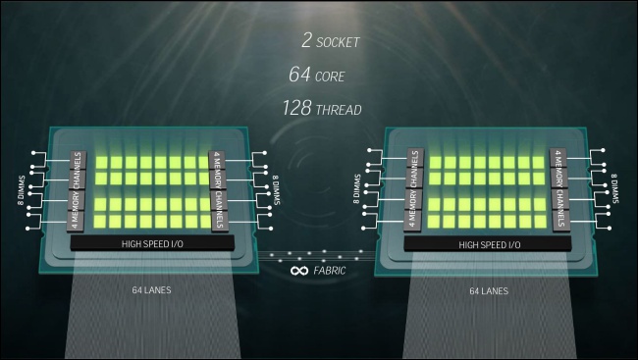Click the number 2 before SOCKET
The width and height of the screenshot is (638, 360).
click(x=307, y=40)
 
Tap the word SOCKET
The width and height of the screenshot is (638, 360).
click(x=338, y=42)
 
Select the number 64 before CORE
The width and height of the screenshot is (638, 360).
click(x=300, y=74)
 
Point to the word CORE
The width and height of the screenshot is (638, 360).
click(x=330, y=77)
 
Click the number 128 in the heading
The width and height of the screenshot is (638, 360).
click(x=297, y=108)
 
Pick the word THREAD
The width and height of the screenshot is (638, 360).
click(x=339, y=110)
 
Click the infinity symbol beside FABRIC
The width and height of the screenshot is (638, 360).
click(x=299, y=271)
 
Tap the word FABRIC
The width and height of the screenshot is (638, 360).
click(x=330, y=271)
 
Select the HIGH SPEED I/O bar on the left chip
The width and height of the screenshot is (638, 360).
click(x=152, y=243)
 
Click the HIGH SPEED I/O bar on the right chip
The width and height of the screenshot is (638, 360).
click(x=488, y=244)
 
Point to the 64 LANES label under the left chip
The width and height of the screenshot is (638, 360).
click(x=151, y=290)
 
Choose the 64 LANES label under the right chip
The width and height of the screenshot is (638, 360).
click(x=489, y=291)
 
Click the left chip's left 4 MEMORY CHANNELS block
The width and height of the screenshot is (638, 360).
click(x=77, y=191)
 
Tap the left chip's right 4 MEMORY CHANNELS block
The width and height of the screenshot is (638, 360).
click(x=218, y=190)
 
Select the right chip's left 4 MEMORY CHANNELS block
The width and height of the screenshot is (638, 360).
click(x=414, y=190)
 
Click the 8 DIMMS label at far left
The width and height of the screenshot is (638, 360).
click(x=22, y=190)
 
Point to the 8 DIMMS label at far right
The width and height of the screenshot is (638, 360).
click(x=614, y=188)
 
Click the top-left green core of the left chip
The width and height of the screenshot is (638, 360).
click(x=102, y=163)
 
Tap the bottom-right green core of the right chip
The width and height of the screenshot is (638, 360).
click(x=540, y=222)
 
